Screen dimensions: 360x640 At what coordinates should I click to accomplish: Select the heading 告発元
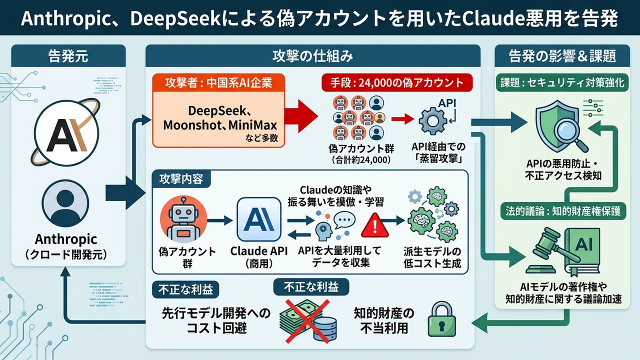(68, 55)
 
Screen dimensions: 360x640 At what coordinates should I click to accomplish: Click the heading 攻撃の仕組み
(313, 55)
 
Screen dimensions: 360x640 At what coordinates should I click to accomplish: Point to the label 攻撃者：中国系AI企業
(218, 82)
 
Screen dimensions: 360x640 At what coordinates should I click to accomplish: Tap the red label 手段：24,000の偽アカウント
(396, 82)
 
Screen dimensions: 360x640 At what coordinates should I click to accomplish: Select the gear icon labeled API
(431, 120)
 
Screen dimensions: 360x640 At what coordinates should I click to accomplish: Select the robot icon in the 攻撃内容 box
(179, 220)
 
